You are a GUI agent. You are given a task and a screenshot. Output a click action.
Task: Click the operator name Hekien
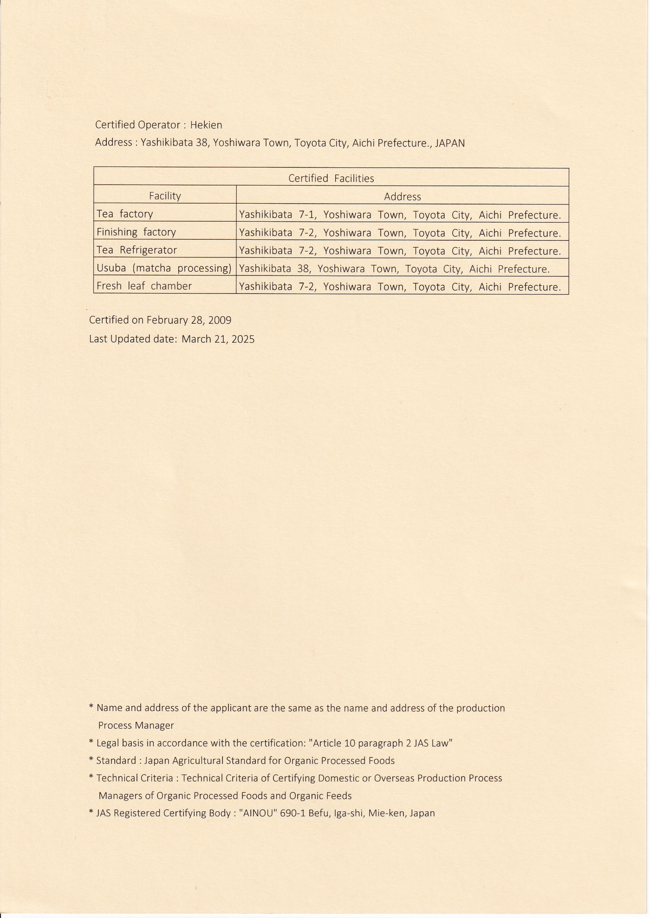pos(206,125)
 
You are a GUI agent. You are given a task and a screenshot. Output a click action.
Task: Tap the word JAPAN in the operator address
pos(449,143)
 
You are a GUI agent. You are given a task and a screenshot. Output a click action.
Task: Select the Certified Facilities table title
pos(331,178)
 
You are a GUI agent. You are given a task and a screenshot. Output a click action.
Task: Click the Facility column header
pos(165,196)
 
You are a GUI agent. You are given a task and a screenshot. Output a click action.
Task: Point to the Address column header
pos(402,196)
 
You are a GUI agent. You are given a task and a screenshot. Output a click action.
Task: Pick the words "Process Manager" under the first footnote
pos(136,725)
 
